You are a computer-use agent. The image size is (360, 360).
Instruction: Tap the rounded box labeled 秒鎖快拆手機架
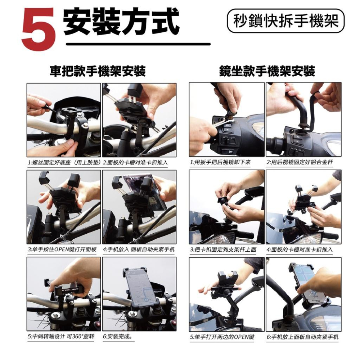click(x=286, y=21)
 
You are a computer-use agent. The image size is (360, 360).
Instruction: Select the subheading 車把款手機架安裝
click(x=98, y=71)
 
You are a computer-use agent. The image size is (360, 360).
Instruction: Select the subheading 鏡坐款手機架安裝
click(x=267, y=71)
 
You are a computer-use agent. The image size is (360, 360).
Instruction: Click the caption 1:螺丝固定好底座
click(x=64, y=162)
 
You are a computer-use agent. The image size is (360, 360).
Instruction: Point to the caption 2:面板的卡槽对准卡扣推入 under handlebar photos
click(x=135, y=162)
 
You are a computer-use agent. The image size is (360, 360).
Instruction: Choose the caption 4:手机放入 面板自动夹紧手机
click(x=139, y=249)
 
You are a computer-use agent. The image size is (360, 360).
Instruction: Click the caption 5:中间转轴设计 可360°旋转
click(x=61, y=336)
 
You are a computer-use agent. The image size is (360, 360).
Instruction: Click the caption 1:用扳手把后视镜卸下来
click(x=220, y=162)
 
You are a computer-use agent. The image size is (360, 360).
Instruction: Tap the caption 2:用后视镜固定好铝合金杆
click(x=300, y=162)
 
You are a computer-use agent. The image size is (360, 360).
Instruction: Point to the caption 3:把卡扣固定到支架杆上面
click(x=223, y=249)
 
